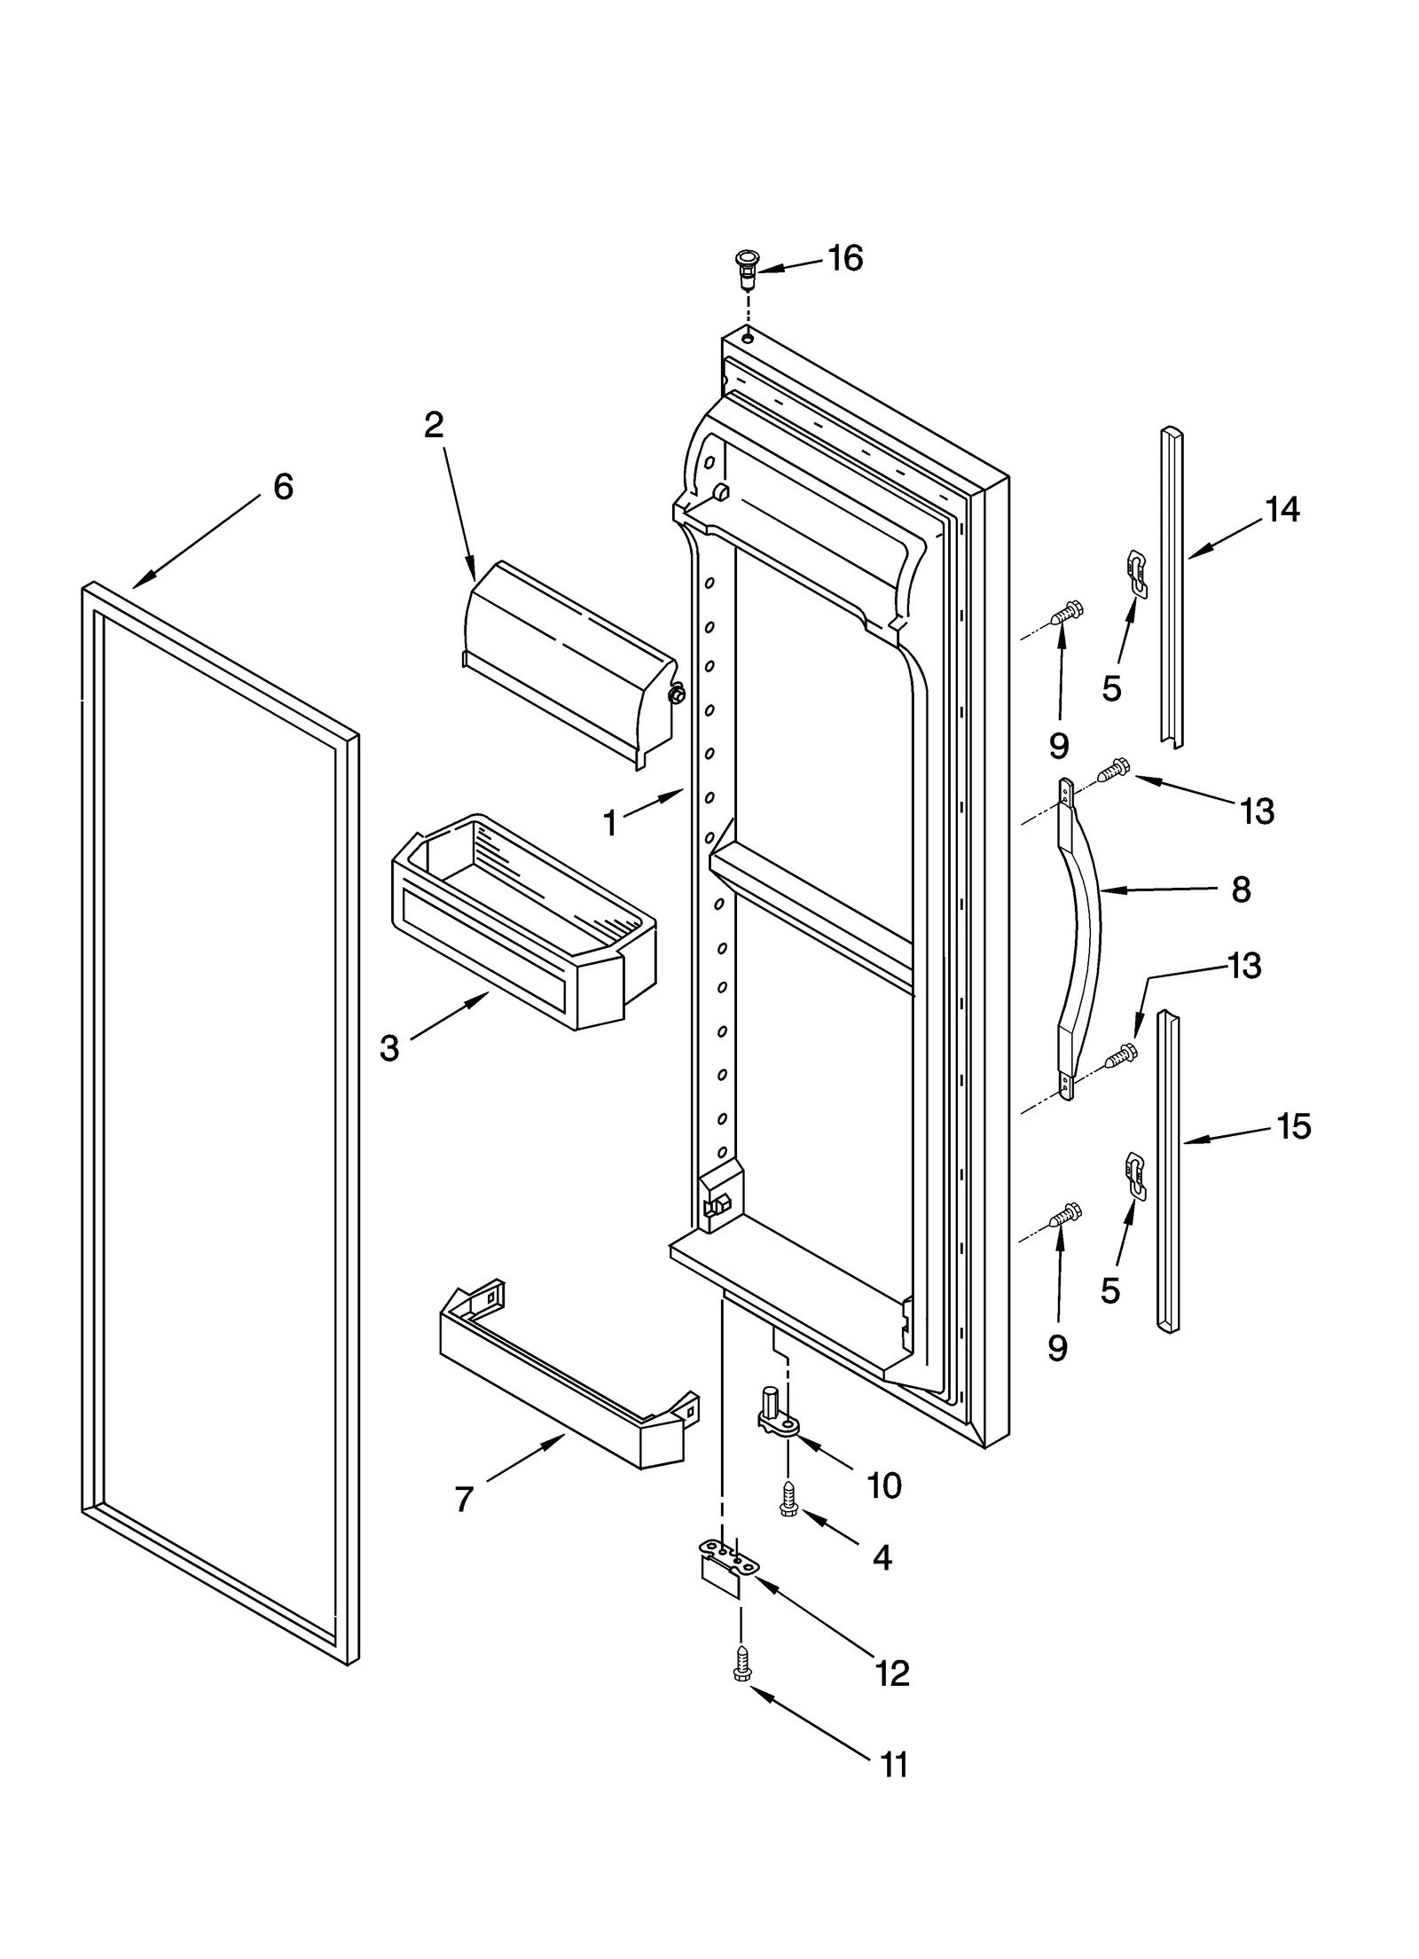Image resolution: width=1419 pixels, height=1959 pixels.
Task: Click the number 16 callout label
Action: click(844, 258)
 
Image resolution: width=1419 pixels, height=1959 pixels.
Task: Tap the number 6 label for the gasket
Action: click(282, 487)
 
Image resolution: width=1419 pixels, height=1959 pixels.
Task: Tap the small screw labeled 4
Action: click(787, 1499)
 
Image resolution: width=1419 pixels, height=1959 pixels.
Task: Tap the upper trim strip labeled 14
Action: click(1172, 585)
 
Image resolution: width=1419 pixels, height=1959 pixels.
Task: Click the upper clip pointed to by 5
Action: click(1136, 572)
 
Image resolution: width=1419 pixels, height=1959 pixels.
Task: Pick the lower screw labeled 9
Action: click(1065, 1215)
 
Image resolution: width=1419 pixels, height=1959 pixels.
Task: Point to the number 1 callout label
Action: click(610, 824)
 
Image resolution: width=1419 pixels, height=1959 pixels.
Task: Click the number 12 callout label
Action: click(892, 1673)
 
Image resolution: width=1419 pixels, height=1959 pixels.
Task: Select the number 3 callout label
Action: click(389, 1048)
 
